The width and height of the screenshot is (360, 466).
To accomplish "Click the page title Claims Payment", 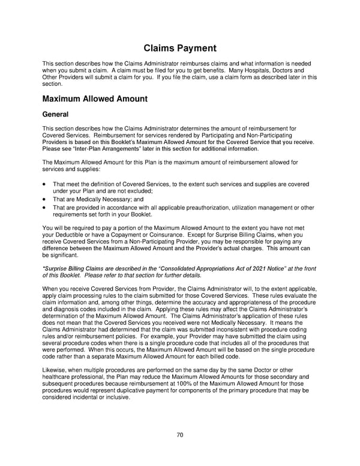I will [x=179, y=48].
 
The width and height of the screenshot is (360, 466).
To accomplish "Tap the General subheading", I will [x=56, y=113].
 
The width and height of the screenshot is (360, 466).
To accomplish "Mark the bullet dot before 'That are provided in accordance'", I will [x=45, y=208].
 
